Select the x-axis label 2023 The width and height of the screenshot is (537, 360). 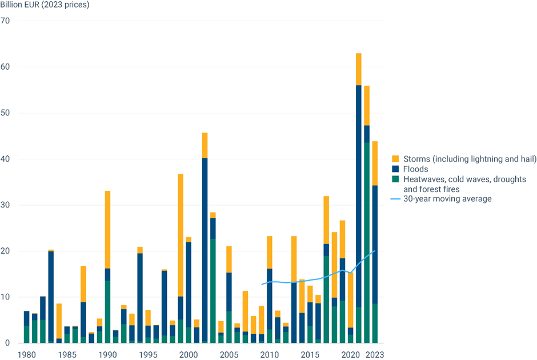click(375, 354)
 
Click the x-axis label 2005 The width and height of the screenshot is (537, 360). click(229, 354)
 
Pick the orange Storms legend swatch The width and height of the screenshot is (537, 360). click(395, 158)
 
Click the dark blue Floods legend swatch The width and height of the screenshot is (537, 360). click(395, 169)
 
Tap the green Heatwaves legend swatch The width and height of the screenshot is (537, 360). click(395, 179)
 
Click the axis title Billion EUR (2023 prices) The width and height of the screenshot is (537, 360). click(49, 5)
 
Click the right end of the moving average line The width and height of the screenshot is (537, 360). click(375, 250)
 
